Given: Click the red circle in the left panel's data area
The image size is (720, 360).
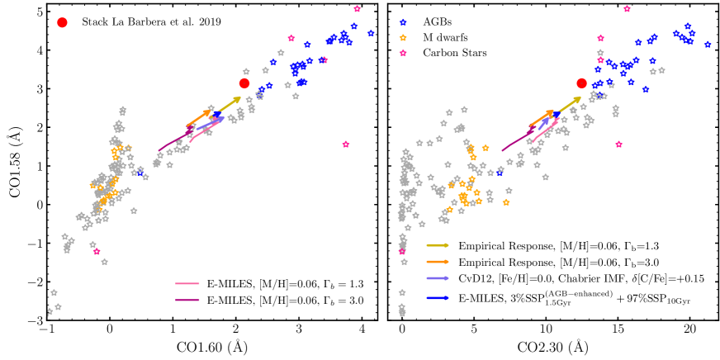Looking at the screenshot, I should click(244, 83).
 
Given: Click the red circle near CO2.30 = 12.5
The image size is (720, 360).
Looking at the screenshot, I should click(581, 83).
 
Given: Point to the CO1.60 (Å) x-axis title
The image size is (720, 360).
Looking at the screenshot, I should click(205, 348).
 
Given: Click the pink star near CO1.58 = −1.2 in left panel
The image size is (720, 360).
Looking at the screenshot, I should click(97, 251).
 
